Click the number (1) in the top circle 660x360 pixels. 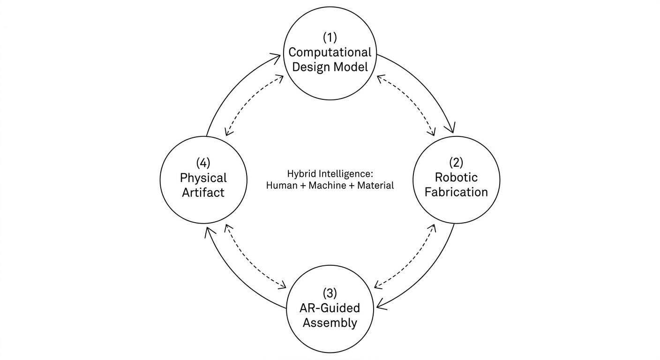pyautogui.click(x=330, y=37)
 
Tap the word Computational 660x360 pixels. pyautogui.click(x=330, y=52)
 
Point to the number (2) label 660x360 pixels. pyautogui.click(x=456, y=163)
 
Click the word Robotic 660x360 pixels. pyautogui.click(x=456, y=177)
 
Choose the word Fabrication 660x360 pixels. pyautogui.click(x=456, y=192)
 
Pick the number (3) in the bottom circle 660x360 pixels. pyautogui.click(x=330, y=293)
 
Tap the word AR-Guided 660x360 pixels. pyautogui.click(x=330, y=308)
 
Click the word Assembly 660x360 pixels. pyautogui.click(x=330, y=322)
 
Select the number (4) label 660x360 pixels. pyautogui.click(x=203, y=163)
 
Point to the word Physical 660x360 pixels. pyautogui.click(x=203, y=178)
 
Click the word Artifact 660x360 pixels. pyautogui.click(x=203, y=192)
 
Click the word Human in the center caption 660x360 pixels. pyautogui.click(x=280, y=185)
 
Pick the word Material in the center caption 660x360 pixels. pyautogui.click(x=375, y=185)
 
